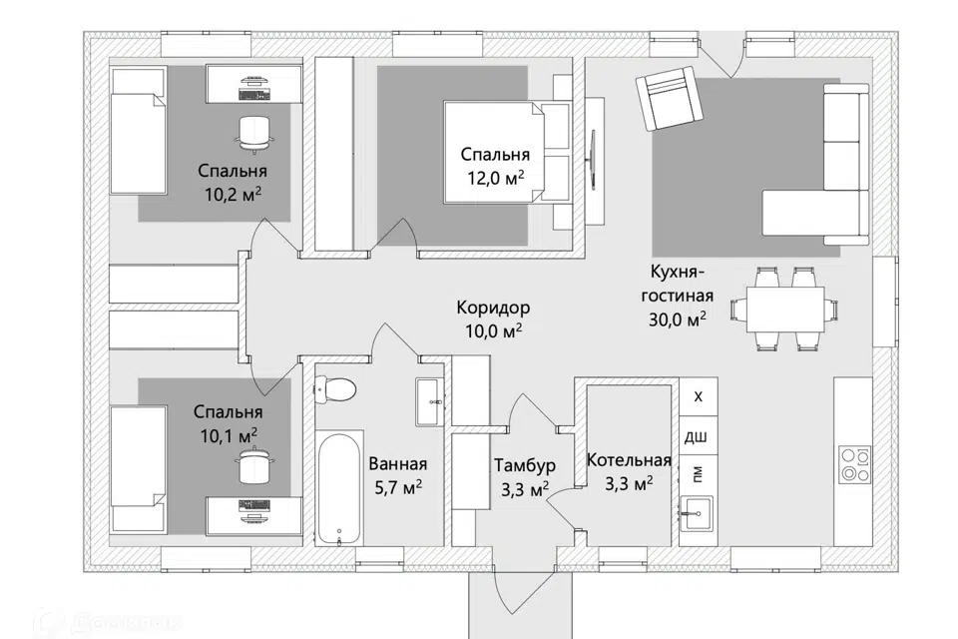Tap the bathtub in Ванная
[339, 488]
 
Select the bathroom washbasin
[430, 401]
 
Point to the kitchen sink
[698, 513]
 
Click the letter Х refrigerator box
[699, 396]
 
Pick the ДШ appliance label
[696, 436]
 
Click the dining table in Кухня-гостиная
[784, 310]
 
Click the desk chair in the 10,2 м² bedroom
[253, 132]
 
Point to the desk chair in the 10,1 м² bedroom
[253, 466]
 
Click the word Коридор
[493, 307]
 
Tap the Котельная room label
[629, 460]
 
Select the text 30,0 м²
[678, 319]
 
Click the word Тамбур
[526, 466]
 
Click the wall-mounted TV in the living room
[593, 162]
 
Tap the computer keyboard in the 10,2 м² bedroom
[253, 94]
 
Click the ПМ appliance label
[698, 474]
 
